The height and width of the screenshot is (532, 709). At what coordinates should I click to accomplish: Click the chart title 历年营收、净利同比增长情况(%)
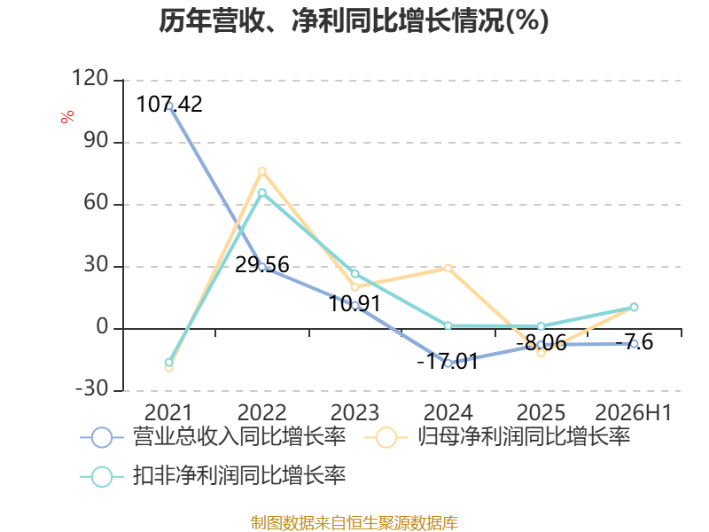(x=354, y=20)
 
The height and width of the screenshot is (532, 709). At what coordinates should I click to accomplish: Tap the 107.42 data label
(x=169, y=104)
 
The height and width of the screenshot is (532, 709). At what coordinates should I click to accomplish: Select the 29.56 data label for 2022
(x=262, y=264)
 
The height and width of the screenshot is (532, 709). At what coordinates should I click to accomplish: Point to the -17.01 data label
(x=448, y=362)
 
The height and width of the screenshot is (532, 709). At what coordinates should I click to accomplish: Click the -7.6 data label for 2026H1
(x=635, y=342)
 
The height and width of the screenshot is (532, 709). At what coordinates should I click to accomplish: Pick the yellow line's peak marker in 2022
(x=262, y=171)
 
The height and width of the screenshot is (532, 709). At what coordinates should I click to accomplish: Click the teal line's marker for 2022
(x=262, y=192)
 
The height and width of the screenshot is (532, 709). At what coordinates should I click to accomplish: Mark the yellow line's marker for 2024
(x=448, y=269)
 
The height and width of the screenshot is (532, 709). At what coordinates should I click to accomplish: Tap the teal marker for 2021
(x=169, y=362)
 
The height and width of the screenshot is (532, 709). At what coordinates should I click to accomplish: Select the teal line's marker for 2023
(x=355, y=274)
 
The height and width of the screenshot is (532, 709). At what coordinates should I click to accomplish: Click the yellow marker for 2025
(x=541, y=353)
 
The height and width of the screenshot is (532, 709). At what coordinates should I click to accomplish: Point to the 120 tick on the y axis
(x=90, y=78)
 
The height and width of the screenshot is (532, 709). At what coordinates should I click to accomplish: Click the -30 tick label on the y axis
(x=92, y=388)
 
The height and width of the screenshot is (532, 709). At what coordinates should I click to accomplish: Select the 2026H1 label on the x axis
(x=634, y=412)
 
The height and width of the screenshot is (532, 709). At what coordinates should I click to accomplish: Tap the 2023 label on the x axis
(x=355, y=412)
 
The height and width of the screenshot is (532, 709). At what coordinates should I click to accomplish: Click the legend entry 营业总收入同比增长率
(x=213, y=437)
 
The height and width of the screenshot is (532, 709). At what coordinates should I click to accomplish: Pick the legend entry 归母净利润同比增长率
(x=497, y=437)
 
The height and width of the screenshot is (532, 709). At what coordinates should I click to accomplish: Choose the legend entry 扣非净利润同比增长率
(x=213, y=476)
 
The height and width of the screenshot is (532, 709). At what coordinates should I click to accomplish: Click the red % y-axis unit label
(x=67, y=117)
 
